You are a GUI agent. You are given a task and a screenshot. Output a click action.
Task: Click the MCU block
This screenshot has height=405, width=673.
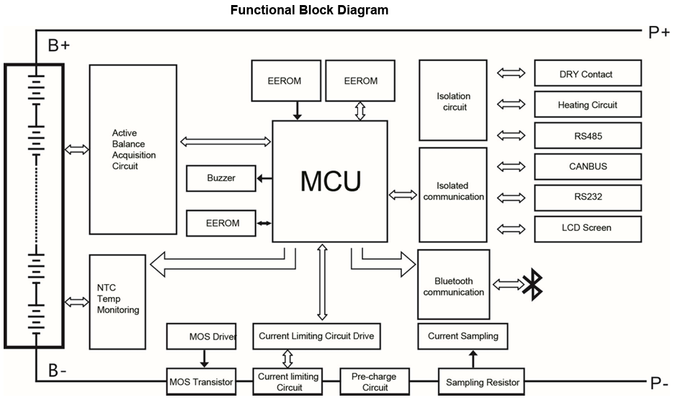[x=330, y=181]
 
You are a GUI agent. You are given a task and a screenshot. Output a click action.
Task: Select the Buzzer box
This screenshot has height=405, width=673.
[x=220, y=178]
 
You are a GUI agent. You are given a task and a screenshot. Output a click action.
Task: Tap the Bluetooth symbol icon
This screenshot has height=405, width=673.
[x=532, y=284]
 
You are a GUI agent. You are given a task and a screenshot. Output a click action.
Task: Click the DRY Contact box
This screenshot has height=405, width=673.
[x=587, y=74]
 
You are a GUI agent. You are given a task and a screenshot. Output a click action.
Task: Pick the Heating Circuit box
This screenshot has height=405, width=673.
[x=587, y=105]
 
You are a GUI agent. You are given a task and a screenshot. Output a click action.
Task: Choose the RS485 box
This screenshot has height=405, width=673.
[x=587, y=135]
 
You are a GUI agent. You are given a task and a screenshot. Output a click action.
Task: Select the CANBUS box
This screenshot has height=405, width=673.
[x=587, y=166]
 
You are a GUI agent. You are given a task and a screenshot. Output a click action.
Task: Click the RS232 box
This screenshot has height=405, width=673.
[x=587, y=197]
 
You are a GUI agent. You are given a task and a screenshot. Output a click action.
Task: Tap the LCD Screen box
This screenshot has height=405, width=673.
[x=587, y=228]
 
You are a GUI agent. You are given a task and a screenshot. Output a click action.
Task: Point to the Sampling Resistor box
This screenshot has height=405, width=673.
[x=482, y=382]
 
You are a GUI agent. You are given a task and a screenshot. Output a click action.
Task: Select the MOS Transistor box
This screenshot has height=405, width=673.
[x=201, y=382]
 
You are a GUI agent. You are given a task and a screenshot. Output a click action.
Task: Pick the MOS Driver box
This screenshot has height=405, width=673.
[x=201, y=336]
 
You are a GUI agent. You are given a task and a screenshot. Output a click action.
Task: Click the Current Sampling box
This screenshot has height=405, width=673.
[x=463, y=336]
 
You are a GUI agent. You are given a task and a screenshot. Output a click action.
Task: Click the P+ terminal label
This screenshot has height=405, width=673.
[x=657, y=32]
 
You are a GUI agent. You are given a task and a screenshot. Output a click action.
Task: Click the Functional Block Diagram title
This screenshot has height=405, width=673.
[x=309, y=10]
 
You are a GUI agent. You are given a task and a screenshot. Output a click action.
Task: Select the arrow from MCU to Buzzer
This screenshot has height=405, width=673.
[x=264, y=178]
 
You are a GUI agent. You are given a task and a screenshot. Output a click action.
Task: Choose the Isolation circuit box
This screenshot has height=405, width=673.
[x=453, y=101]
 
